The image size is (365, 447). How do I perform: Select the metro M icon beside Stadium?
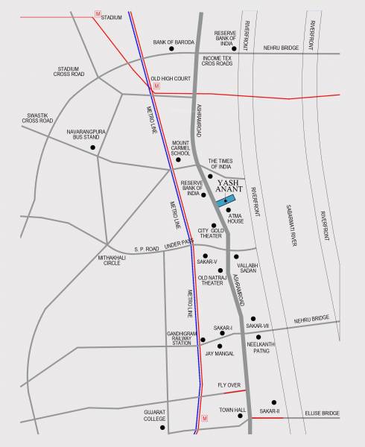click(x=98, y=14)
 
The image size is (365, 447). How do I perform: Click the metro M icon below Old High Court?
click(x=156, y=87)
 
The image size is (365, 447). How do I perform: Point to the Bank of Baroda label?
click(x=173, y=42)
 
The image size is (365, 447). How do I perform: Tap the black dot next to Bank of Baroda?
click(x=172, y=50)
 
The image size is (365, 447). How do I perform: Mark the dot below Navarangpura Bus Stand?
click(x=93, y=147)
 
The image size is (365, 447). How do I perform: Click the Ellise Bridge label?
click(x=323, y=412)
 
